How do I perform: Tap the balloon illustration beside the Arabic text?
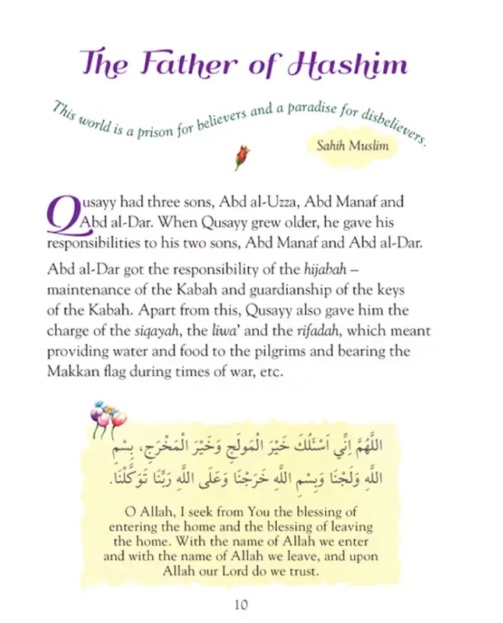(107, 419)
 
